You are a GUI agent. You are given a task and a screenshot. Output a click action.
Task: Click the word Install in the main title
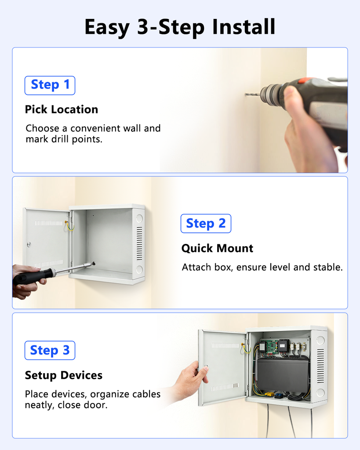pos(244,27)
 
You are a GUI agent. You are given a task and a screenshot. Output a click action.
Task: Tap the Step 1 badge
pos(50,85)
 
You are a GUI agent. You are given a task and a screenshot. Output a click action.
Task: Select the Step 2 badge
pos(206,223)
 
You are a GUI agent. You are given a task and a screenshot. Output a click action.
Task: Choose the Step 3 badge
pos(50,350)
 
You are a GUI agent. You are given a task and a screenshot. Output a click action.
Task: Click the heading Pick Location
pos(62,109)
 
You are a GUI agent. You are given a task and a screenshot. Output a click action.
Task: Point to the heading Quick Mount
pos(217,248)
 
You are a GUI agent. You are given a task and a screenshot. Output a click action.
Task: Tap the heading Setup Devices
pos(63,375)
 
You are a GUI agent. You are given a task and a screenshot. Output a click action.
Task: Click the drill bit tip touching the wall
pos(246,94)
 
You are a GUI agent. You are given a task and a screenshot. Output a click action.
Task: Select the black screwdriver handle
pos(32,276)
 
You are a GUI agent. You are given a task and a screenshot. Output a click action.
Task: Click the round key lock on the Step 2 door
pos(29,244)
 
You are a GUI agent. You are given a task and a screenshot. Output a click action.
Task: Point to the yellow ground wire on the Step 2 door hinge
pos(69,225)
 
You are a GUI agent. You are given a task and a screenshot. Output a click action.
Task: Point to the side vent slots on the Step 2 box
pos(139,243)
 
